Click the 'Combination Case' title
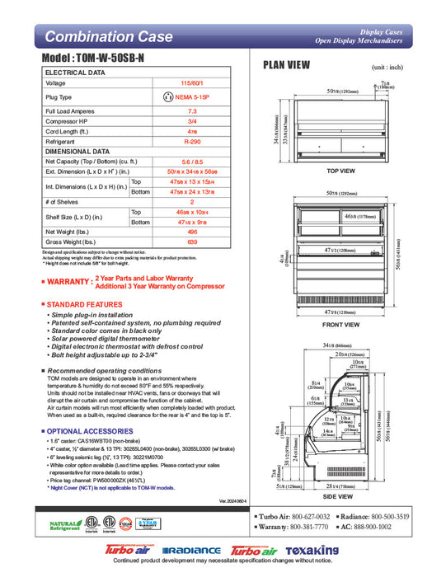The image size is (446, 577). pyautogui.click(x=109, y=36)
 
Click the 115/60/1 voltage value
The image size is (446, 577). pyautogui.click(x=192, y=83)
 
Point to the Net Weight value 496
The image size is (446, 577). pyautogui.click(x=192, y=232)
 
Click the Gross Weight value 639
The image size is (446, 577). pyautogui.click(x=192, y=243)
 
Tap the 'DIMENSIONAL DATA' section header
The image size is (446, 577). pyautogui.click(x=77, y=152)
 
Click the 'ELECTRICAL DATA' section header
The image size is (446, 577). pyautogui.click(x=75, y=73)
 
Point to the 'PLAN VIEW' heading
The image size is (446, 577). pyautogui.click(x=286, y=66)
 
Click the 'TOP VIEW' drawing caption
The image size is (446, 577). pyautogui.click(x=340, y=171)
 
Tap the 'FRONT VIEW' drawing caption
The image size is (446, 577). pyautogui.click(x=340, y=325)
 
